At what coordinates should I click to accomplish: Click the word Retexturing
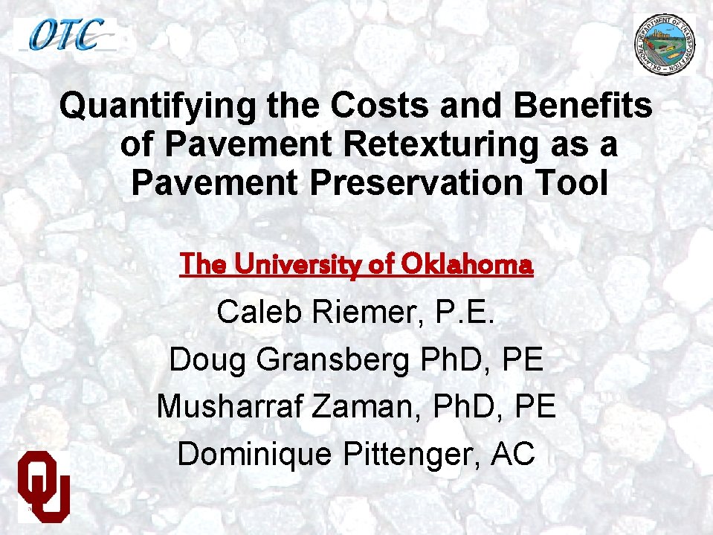(439, 145)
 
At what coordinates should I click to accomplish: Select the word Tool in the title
(575, 183)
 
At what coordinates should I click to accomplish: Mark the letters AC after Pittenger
(513, 454)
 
